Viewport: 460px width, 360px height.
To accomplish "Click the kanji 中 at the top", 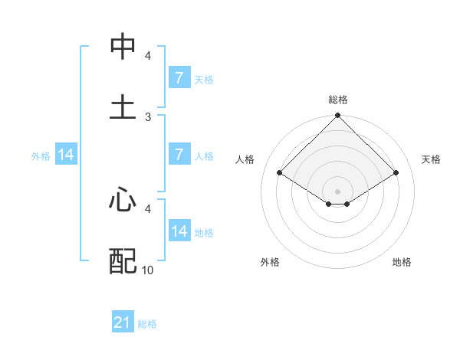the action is tap(123, 47).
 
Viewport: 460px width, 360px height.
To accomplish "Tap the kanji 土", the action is tap(123, 106).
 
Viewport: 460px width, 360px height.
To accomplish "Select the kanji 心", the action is tap(123, 201).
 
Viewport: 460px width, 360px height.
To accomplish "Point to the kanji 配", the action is tap(123, 261).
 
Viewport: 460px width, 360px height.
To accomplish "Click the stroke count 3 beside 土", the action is tap(148, 116).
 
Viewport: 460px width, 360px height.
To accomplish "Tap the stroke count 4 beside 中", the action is tap(148, 56).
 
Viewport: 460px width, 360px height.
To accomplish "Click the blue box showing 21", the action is tap(123, 322).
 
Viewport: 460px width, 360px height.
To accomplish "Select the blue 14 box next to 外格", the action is tap(66, 155).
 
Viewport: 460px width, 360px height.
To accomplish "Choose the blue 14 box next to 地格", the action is tap(179, 231).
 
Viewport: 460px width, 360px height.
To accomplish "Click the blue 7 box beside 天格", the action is tap(179, 78).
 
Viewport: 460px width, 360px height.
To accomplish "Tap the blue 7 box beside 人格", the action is tap(179, 155).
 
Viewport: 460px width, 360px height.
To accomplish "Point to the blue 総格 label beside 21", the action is tap(147, 324).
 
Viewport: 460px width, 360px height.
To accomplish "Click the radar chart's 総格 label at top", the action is tap(338, 100).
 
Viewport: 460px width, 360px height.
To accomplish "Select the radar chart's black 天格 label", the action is tap(431, 159).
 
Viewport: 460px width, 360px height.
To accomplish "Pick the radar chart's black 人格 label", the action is tap(245, 159).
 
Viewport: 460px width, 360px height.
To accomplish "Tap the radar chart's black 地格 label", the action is tap(402, 262).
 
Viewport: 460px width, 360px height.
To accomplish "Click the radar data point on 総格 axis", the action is tap(338, 116).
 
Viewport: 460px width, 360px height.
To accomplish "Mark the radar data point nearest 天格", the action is tap(396, 172).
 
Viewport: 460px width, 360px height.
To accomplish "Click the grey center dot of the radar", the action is tap(338, 191).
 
